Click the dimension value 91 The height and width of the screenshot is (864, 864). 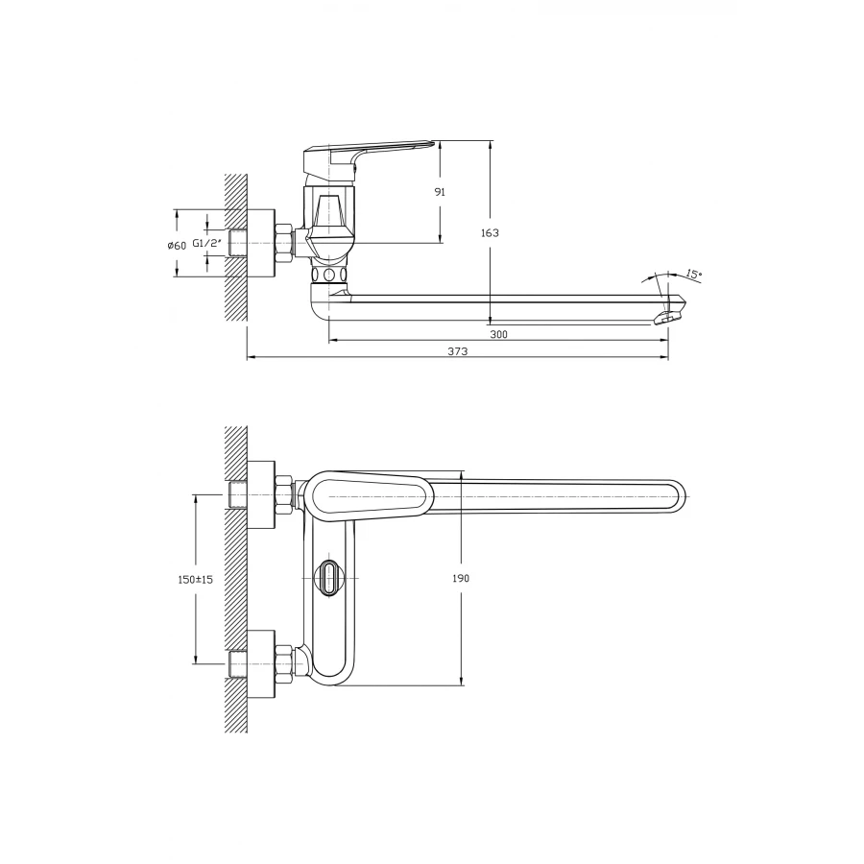(x=440, y=192)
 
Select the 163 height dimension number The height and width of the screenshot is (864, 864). (x=490, y=233)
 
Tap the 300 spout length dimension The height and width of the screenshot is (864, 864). (x=498, y=334)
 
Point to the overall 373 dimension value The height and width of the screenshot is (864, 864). (x=458, y=352)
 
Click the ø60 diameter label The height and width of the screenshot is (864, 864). (x=176, y=245)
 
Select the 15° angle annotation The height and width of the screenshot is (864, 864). (x=693, y=275)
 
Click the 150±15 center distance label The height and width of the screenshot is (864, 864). (x=195, y=580)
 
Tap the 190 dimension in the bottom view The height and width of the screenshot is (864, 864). (x=462, y=579)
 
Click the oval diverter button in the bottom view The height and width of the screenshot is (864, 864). (x=329, y=578)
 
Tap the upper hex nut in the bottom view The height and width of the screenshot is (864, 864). (x=284, y=494)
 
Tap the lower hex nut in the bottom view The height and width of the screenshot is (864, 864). (x=284, y=662)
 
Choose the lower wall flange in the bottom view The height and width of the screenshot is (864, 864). (x=260, y=662)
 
